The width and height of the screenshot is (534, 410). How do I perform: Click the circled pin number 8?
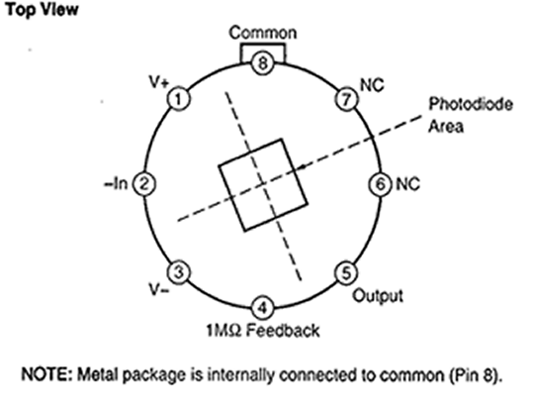(262, 63)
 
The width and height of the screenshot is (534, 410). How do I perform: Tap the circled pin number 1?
(178, 99)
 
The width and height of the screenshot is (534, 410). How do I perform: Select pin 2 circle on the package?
(144, 184)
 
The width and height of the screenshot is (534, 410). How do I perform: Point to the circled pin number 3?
(178, 272)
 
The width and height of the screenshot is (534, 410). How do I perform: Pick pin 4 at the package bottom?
(262, 308)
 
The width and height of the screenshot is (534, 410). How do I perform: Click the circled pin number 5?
(346, 273)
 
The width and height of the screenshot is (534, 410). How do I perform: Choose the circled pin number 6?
(381, 184)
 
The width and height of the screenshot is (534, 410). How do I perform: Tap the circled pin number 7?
(346, 99)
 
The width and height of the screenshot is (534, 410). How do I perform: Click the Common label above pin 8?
(263, 33)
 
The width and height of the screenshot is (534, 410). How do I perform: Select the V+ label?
(159, 82)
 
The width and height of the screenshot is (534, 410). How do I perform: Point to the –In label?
(116, 184)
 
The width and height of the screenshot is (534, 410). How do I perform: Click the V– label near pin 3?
(159, 290)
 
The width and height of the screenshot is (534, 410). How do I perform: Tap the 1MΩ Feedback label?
(263, 330)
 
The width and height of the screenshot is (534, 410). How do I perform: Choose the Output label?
(378, 295)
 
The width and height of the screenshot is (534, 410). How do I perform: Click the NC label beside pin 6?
(407, 184)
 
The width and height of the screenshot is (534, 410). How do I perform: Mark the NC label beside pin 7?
(372, 85)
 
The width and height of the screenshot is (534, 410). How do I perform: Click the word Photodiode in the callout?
(471, 104)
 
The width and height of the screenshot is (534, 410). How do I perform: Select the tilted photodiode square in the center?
(263, 185)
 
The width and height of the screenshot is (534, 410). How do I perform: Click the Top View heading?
(43, 10)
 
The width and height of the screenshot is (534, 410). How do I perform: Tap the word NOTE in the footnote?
(47, 374)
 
